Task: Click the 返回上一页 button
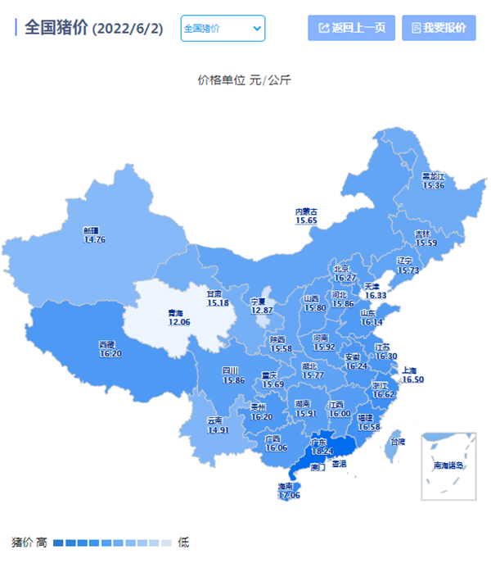(x=352, y=28)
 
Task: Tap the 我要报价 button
(x=439, y=28)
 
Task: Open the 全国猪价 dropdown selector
(x=223, y=28)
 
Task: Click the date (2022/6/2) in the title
(x=128, y=29)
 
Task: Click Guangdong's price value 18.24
(x=323, y=452)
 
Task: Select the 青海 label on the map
(x=175, y=313)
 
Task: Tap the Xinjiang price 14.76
(x=95, y=239)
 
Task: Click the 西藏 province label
(x=107, y=344)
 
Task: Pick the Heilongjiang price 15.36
(x=433, y=186)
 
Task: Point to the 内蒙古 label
(x=306, y=211)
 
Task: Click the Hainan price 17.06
(x=289, y=495)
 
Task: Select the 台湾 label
(x=397, y=442)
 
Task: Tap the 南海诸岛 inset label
(x=448, y=465)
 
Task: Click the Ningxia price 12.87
(x=261, y=311)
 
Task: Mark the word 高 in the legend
(x=41, y=543)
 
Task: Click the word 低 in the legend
(x=183, y=543)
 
